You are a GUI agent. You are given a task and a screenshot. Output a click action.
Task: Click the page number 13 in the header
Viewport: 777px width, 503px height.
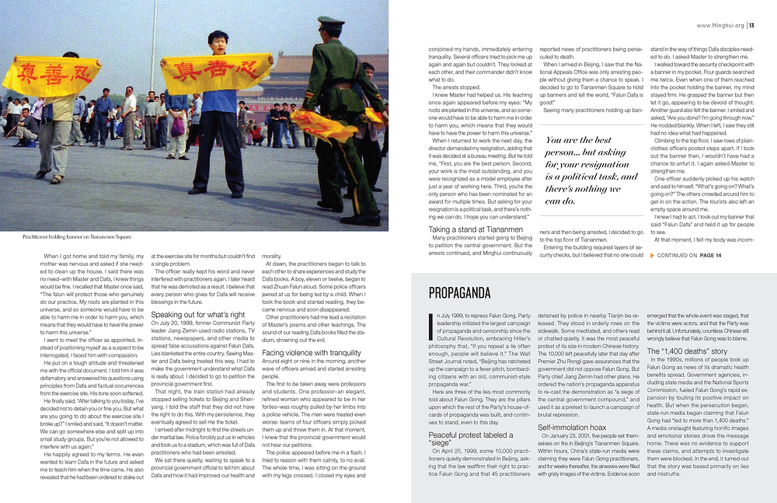[752, 25]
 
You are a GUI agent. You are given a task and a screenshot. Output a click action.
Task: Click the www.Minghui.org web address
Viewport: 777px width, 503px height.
[720, 25]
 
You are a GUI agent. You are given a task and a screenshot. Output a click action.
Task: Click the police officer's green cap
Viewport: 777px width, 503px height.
[331, 23]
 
